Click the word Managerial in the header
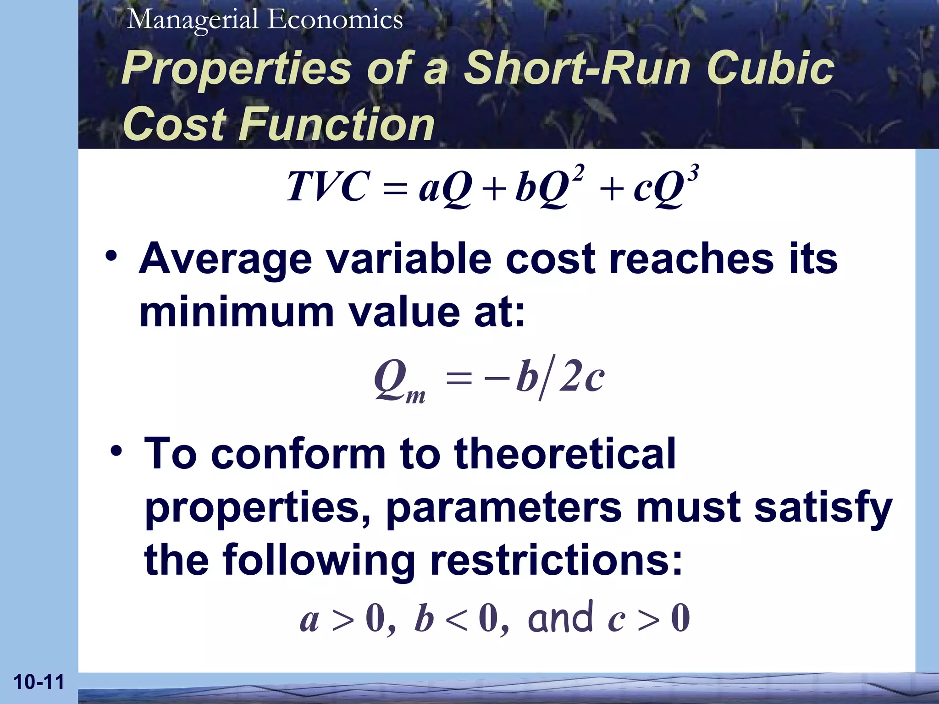tap(193, 20)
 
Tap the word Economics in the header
tap(335, 20)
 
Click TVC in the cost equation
tap(326, 187)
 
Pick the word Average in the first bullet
tap(226, 259)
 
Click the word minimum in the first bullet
tap(237, 313)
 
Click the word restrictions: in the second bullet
tap(556, 561)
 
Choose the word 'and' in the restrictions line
tap(560, 618)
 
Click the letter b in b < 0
tap(424, 619)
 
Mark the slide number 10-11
tap(39, 682)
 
